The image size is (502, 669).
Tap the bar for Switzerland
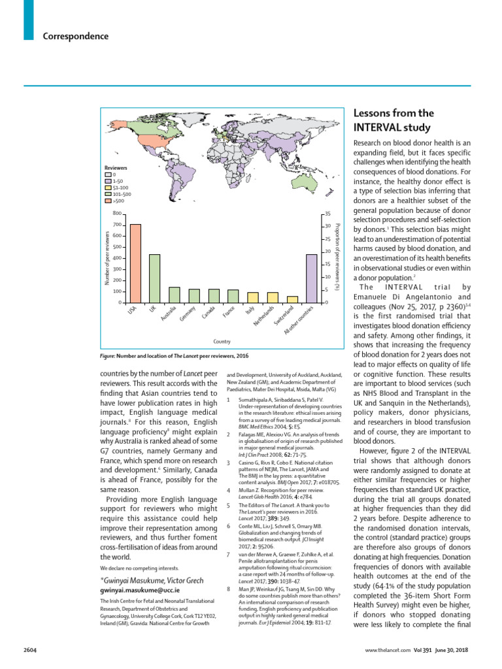pos(292,299)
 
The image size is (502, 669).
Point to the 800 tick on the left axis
pos(117,214)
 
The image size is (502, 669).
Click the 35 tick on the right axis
pos(328,214)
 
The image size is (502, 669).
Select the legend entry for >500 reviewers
pos(118,201)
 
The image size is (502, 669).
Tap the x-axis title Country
pos(222,341)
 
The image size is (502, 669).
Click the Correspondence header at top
pos(75,36)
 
